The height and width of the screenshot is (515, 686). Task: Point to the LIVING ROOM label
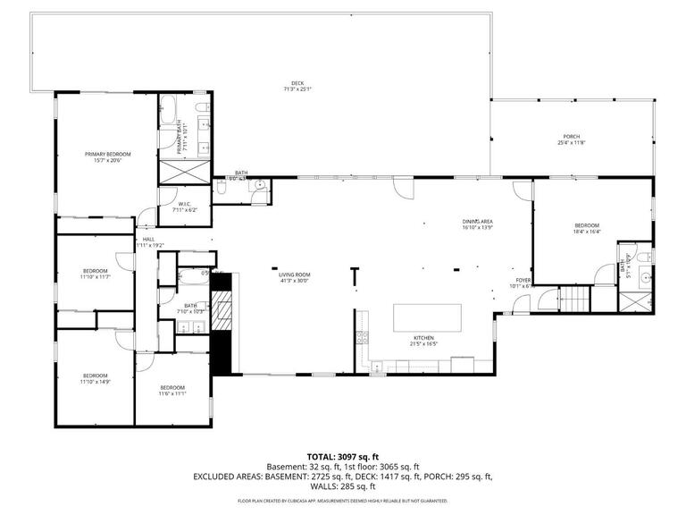point(293,278)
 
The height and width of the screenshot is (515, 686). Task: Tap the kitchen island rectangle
point(429,318)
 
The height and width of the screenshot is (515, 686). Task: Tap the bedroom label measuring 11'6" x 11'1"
point(171,390)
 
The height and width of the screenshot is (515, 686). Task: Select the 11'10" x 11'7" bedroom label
point(95,274)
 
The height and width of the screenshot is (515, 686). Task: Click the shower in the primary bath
point(185,172)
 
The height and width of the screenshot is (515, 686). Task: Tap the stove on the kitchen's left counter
point(362,338)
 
